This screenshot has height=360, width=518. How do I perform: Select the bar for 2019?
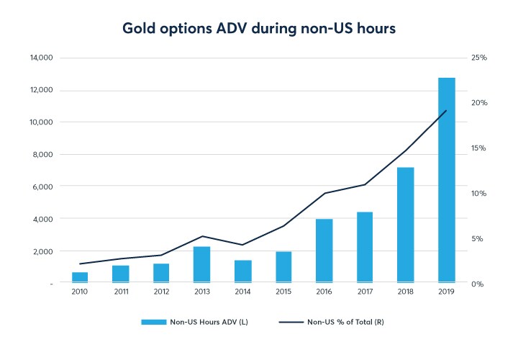click(x=447, y=180)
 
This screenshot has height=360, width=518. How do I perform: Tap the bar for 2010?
click(x=80, y=277)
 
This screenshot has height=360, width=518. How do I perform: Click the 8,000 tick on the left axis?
click(x=42, y=154)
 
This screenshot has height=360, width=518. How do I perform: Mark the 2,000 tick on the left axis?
click(x=42, y=251)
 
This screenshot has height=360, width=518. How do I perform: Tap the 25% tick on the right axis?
click(x=479, y=58)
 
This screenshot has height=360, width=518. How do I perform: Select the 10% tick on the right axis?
click(x=479, y=194)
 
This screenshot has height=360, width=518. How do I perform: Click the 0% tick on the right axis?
click(x=478, y=284)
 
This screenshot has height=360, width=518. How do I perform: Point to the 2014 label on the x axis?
click(x=242, y=292)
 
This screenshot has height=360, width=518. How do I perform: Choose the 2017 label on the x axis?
click(x=365, y=292)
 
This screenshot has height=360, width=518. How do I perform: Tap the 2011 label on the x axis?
click(x=120, y=292)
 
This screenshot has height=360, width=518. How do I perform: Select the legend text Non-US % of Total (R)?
click(x=345, y=322)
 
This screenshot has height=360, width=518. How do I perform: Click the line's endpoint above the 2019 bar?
click(x=447, y=110)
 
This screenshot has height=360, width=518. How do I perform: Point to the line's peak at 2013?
click(x=202, y=236)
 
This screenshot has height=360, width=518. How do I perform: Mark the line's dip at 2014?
click(x=243, y=245)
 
